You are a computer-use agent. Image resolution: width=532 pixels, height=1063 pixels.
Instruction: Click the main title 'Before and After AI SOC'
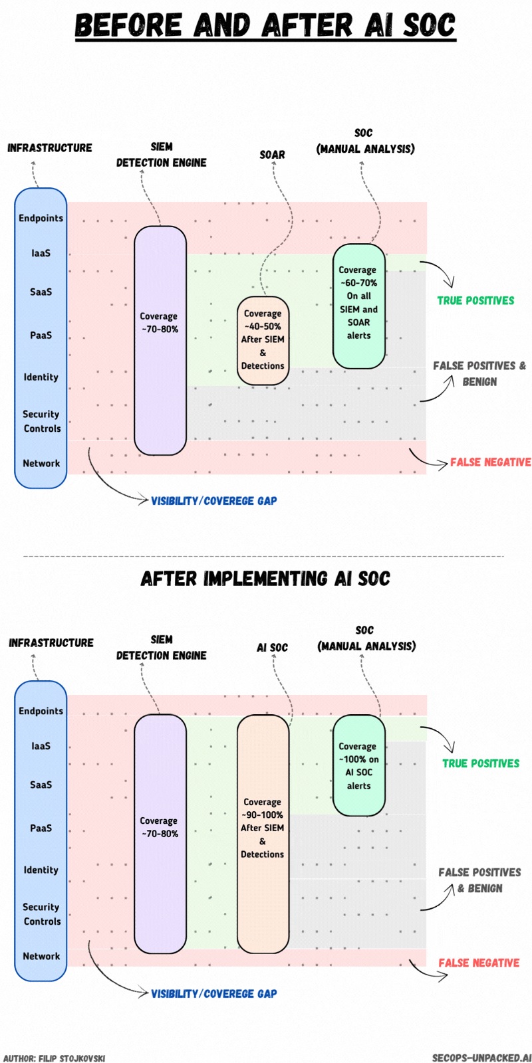(265, 25)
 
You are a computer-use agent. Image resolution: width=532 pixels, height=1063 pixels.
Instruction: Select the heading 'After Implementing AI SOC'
(265, 579)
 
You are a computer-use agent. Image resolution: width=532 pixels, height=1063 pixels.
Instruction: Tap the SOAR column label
(272, 155)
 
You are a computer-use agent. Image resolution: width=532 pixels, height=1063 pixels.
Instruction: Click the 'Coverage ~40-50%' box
(263, 339)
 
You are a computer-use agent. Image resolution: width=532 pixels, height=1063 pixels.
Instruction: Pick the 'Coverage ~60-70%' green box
(358, 306)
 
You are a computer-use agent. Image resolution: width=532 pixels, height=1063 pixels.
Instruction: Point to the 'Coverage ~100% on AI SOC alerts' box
(358, 765)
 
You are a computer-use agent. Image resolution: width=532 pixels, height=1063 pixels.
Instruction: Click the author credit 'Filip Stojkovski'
(55, 1058)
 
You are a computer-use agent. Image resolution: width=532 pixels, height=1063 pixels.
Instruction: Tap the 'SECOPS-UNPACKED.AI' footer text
(481, 1058)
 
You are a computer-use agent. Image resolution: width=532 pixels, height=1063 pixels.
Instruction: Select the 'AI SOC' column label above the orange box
(272, 647)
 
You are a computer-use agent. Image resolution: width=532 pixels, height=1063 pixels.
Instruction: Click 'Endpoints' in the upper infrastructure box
(41, 218)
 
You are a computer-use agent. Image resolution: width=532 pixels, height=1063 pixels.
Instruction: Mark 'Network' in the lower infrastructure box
(41, 956)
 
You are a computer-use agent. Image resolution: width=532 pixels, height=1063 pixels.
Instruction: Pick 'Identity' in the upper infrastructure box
(41, 377)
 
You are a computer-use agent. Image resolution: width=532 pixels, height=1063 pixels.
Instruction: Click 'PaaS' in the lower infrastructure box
(41, 828)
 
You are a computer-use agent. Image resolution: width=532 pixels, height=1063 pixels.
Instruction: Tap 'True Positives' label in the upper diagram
(475, 300)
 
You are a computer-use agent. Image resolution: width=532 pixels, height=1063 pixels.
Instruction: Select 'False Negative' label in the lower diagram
(479, 963)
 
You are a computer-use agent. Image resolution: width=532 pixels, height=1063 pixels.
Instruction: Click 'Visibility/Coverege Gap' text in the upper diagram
(213, 501)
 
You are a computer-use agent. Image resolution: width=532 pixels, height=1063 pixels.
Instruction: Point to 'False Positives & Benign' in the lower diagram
(479, 880)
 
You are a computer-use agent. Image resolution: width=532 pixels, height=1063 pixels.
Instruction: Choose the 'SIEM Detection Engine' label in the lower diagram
(162, 647)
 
